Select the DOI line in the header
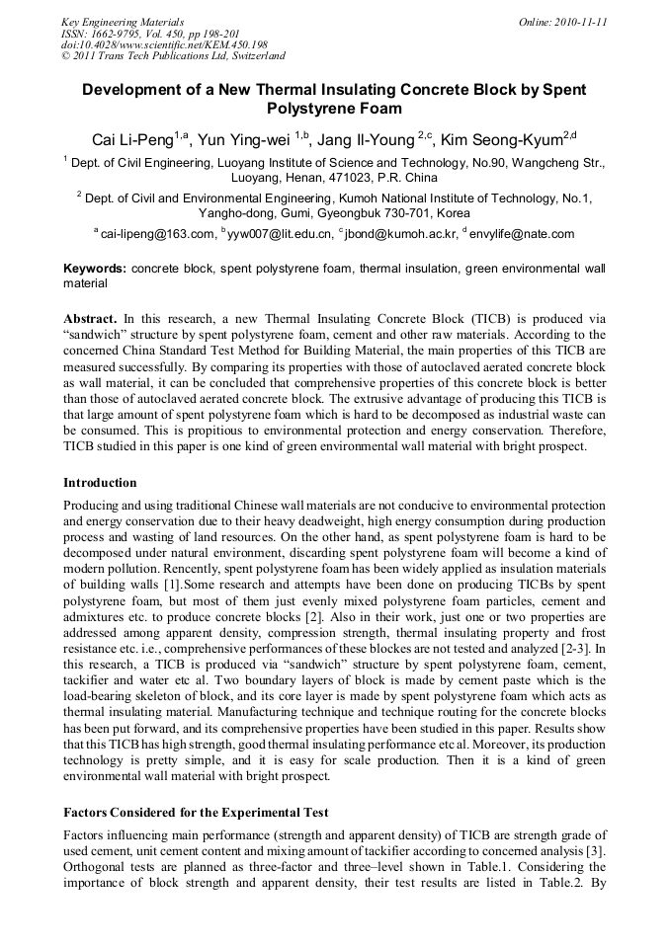pyautogui.click(x=164, y=44)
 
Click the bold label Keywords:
pyautogui.click(x=95, y=269)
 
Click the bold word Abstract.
pyautogui.click(x=90, y=320)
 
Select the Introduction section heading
pyautogui.click(x=100, y=483)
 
